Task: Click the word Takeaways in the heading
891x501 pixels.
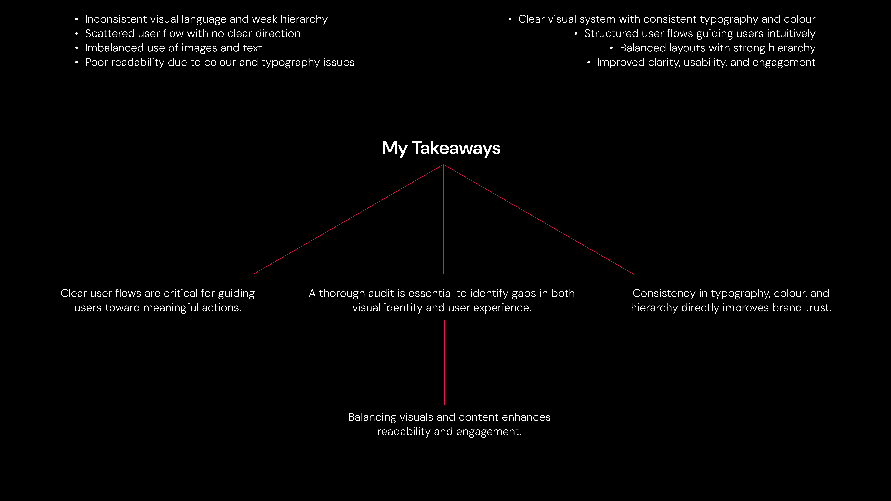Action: tap(456, 148)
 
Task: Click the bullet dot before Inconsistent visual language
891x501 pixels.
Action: tap(76, 19)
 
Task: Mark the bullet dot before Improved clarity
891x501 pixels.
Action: tap(588, 63)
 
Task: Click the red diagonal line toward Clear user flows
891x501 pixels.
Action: tap(348, 219)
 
